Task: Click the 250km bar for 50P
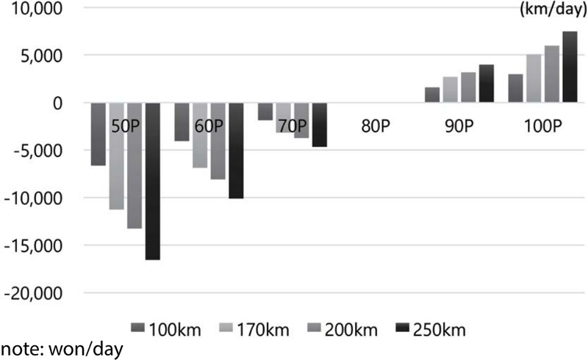pos(152,181)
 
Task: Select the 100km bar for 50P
pos(98,134)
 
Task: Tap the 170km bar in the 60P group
pos(199,135)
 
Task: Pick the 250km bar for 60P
pos(235,151)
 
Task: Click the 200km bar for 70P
pos(301,120)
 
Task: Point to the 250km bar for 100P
pos(570,67)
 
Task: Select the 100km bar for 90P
pos(432,95)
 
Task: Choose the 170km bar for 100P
pos(534,79)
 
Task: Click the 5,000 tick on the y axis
pos(46,56)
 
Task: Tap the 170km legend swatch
pos(225,327)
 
